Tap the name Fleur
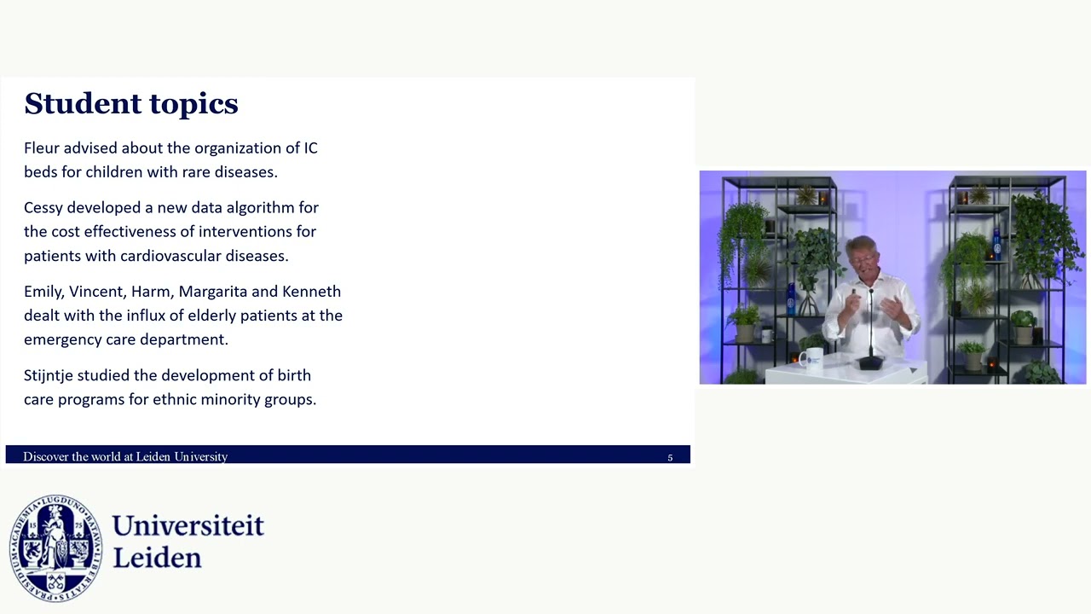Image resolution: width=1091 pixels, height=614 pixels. [41, 148]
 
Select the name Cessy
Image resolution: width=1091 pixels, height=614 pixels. [43, 208]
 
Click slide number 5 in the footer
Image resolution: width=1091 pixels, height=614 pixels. [670, 458]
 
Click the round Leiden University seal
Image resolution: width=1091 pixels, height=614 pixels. [55, 547]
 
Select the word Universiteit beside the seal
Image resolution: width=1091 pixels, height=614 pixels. [188, 525]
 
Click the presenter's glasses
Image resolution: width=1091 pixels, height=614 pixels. [861, 258]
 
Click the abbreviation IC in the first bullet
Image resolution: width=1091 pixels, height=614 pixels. [310, 148]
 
